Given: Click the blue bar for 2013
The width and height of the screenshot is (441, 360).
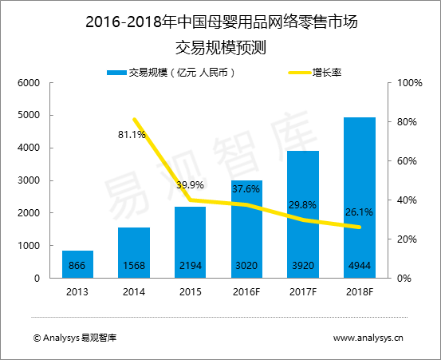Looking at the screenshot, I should pyautogui.click(x=77, y=264).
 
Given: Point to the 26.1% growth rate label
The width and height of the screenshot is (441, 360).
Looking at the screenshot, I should pyautogui.click(x=359, y=213).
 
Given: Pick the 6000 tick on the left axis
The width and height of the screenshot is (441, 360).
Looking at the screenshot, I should pyautogui.click(x=29, y=83).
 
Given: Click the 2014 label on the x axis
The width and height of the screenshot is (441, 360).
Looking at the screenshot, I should pyautogui.click(x=134, y=292).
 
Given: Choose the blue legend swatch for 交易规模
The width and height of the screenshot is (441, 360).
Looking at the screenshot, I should pyautogui.click(x=116, y=73).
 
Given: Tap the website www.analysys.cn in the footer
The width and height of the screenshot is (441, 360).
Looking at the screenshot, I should pyautogui.click(x=368, y=338).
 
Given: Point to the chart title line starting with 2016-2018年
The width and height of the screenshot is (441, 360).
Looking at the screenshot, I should pyautogui.click(x=221, y=22).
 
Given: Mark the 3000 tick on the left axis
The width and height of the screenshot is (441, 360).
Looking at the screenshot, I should pyautogui.click(x=29, y=181).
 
